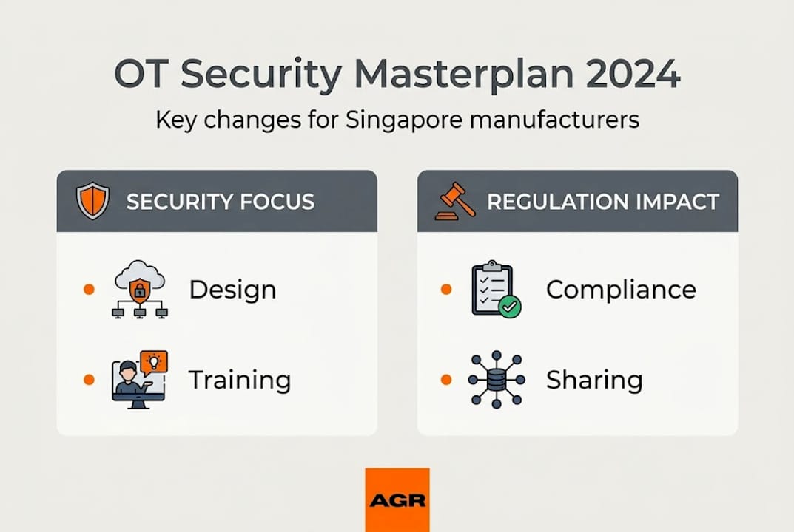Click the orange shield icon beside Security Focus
coord(92,201)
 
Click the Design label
coord(232,290)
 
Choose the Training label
coord(239,380)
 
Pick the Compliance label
coord(621,290)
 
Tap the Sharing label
coord(594,380)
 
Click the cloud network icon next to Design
coord(140,289)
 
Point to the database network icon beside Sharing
coord(496,379)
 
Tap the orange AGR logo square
coord(397,499)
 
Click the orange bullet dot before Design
coord(90,290)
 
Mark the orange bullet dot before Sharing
coord(446,380)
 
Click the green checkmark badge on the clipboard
coord(510,307)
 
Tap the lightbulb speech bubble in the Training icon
coord(154,362)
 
